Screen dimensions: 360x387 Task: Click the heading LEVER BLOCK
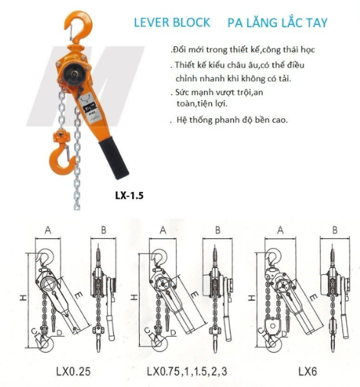(x=172, y=23)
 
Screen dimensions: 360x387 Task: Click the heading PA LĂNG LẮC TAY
(x=278, y=23)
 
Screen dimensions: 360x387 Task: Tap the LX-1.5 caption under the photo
(x=129, y=196)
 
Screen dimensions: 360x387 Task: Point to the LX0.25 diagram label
(x=73, y=371)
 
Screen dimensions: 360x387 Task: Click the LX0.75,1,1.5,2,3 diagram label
(x=187, y=371)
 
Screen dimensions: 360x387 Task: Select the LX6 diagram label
(x=308, y=371)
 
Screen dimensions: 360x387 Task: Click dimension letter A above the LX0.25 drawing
(x=48, y=230)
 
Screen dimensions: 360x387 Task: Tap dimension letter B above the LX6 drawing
(x=335, y=230)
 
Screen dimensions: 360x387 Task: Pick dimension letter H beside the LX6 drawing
(x=252, y=298)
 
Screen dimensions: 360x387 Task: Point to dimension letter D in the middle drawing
(x=173, y=333)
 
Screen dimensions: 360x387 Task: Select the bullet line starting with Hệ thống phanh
(x=229, y=120)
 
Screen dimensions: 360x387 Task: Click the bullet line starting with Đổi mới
(x=243, y=50)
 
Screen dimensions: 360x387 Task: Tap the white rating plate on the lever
(x=90, y=108)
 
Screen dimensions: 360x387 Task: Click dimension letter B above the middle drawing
(x=218, y=230)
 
